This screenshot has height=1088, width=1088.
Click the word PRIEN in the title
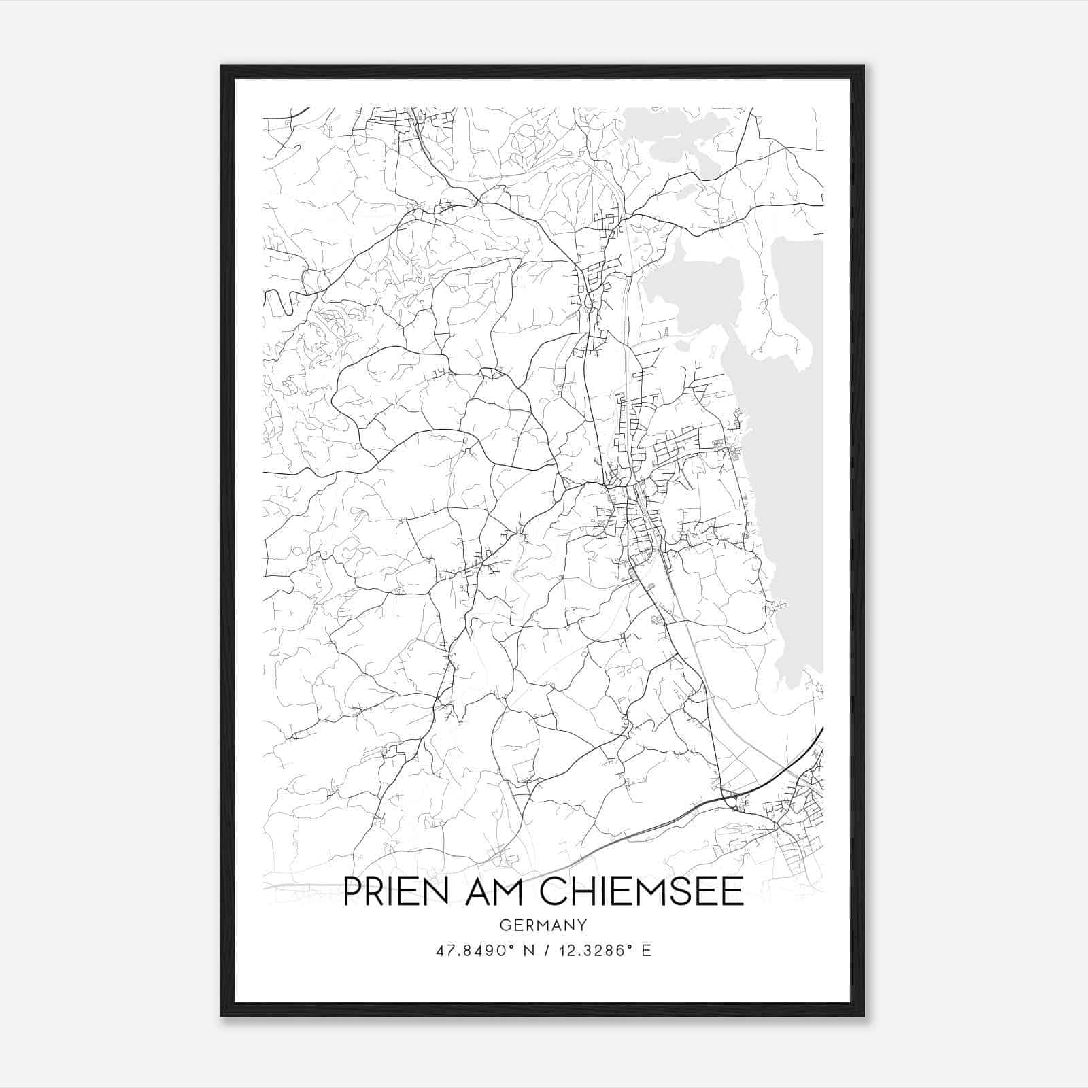tap(396, 891)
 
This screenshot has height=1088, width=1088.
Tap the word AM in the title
tap(494, 891)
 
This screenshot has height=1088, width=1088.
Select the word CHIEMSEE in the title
tap(642, 891)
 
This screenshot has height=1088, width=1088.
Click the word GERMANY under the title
tap(543, 925)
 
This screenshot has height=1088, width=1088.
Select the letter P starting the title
tap(352, 891)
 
